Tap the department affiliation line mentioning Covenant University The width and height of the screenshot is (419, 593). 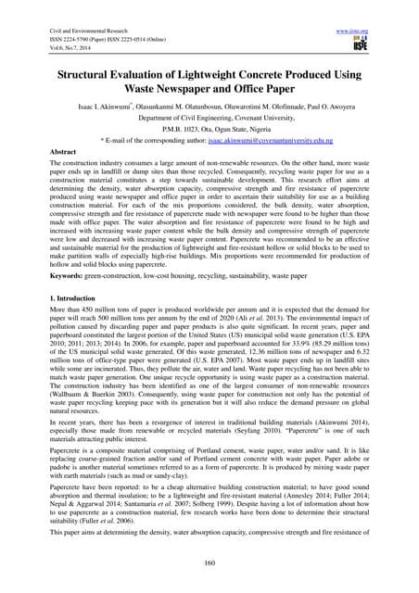pos(209,119)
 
